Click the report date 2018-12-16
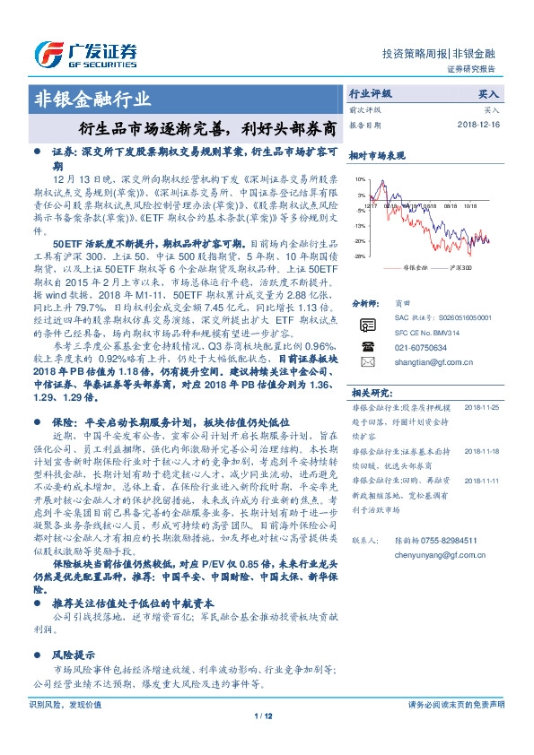pos(482,125)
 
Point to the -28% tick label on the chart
pos(359,256)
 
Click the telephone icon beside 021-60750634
pos(366,345)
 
